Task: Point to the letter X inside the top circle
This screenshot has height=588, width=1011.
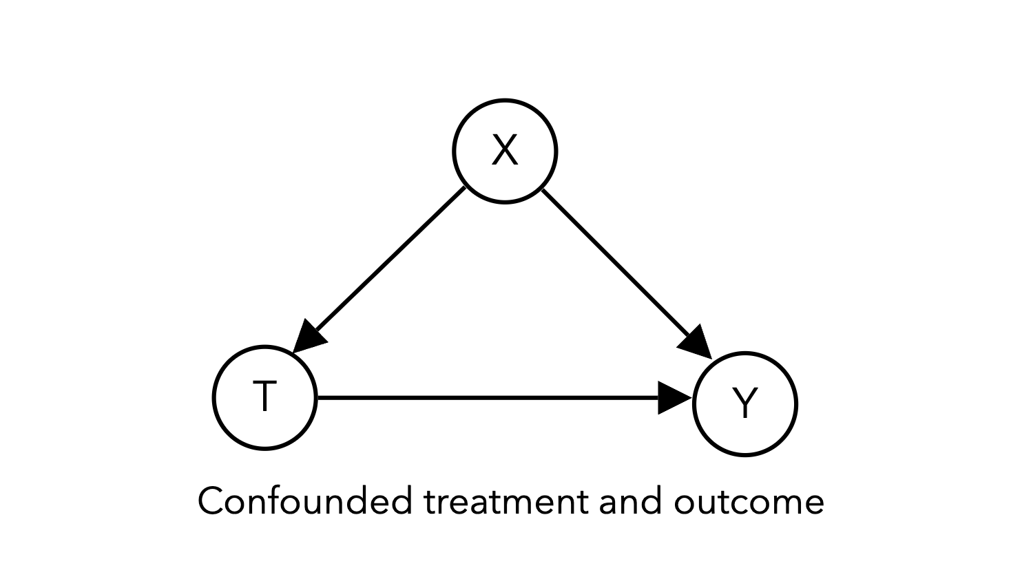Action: click(x=505, y=150)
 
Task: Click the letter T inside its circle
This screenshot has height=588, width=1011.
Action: click(x=265, y=396)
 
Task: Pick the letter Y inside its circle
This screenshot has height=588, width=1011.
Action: click(x=745, y=403)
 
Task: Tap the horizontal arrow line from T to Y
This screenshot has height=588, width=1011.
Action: click(x=504, y=397)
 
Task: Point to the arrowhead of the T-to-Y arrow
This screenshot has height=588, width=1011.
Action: click(x=674, y=397)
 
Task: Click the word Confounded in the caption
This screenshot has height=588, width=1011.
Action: click(x=306, y=501)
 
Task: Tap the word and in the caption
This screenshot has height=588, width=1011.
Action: click(x=631, y=501)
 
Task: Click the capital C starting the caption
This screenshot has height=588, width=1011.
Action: click(x=212, y=501)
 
